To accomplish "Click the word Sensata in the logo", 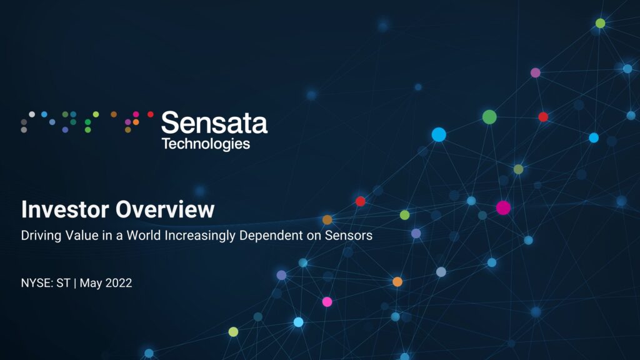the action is point(214,122).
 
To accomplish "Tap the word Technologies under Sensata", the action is point(206,144).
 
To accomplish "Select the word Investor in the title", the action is point(65,209).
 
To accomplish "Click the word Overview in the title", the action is point(165,209).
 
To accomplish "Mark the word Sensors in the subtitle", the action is point(349,236).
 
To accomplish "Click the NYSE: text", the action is point(37,283).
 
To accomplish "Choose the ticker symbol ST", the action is point(63,283).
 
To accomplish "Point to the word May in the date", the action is point(91,284).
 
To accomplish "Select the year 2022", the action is point(119,283).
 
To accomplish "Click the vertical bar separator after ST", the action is point(75,283).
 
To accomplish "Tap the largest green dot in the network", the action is point(489,117).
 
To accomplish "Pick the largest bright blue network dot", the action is point(439,134).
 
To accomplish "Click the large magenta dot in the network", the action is point(503,207).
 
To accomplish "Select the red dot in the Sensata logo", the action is point(151,114).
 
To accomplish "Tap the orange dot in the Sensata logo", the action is point(136,122).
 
